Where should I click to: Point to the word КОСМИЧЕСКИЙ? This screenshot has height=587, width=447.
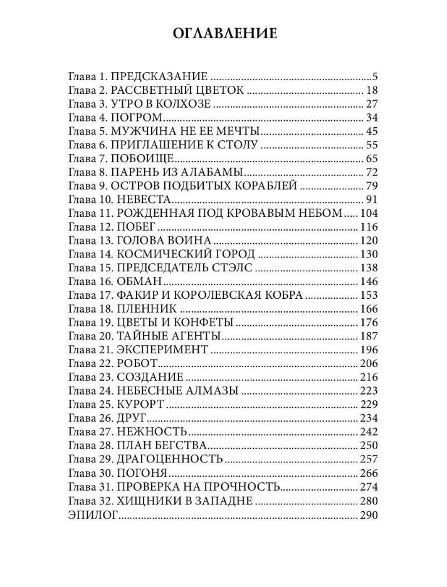(163, 254)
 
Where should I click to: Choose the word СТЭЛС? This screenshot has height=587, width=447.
(233, 268)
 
